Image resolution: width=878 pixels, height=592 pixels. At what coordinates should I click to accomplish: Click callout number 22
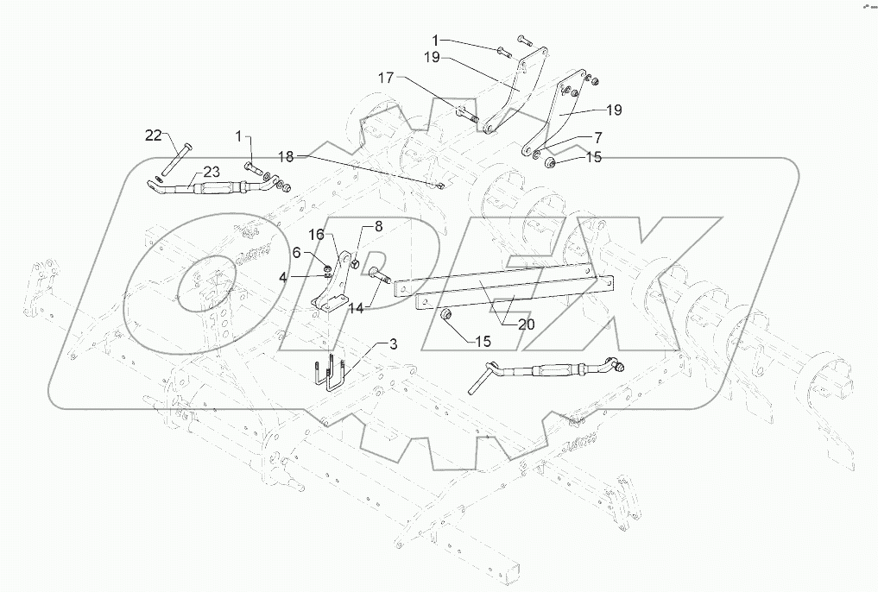153,135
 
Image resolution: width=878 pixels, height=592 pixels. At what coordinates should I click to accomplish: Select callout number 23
212,172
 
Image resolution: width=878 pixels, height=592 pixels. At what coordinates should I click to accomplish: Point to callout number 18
286,156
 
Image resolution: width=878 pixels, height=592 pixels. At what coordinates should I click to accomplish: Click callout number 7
597,137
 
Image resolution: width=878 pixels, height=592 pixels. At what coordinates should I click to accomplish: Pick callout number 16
317,236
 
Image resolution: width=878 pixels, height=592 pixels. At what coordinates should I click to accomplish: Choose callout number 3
393,345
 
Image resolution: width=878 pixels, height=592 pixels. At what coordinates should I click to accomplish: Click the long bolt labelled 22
175,160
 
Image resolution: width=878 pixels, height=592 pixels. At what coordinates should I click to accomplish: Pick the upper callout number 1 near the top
436,40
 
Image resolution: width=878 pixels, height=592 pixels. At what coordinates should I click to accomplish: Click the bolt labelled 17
466,111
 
